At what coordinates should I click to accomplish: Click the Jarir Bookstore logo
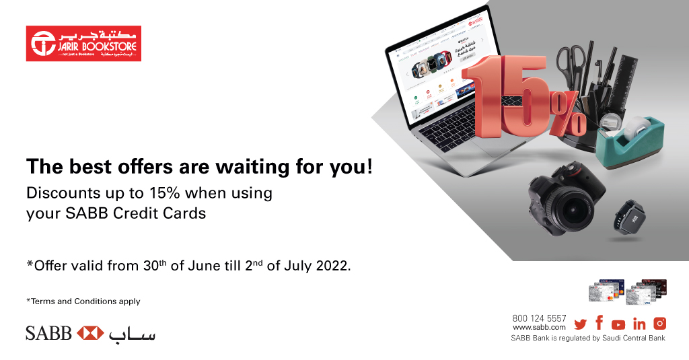pos(83,44)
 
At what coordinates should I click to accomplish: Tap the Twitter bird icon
pos(580,324)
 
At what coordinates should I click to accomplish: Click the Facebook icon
pos(599,322)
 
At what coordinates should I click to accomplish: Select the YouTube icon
pos(618,324)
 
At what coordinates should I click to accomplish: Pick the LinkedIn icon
pos(639,324)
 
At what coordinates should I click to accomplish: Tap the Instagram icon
pos(659,324)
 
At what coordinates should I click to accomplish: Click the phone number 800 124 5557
pos(539,318)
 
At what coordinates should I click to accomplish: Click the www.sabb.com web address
pos(539,327)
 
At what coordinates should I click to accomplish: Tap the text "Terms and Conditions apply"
pos(85,301)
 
